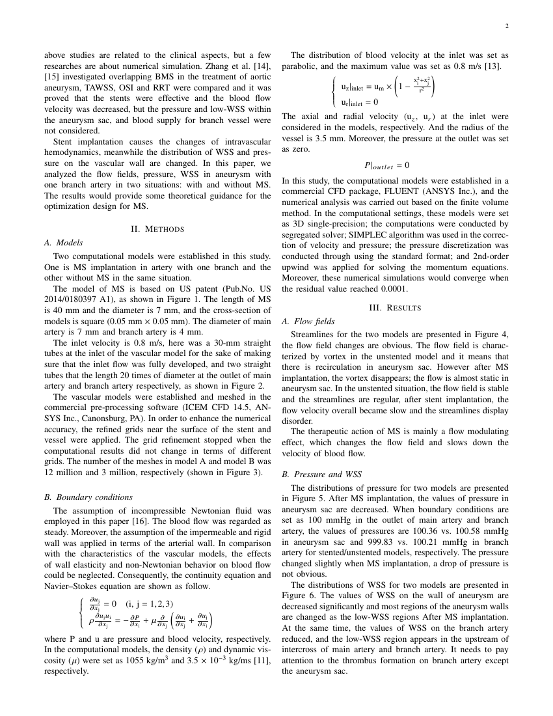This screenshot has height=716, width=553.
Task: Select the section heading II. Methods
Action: [x=157, y=228]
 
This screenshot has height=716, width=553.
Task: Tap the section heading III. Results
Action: [x=396, y=307]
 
